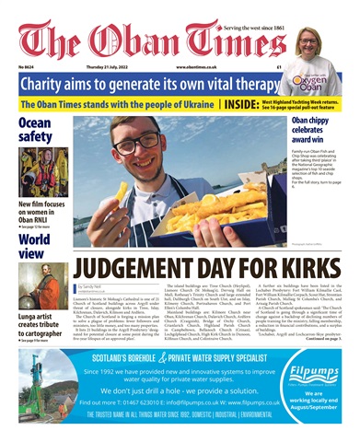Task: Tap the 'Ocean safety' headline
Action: tap(35, 130)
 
